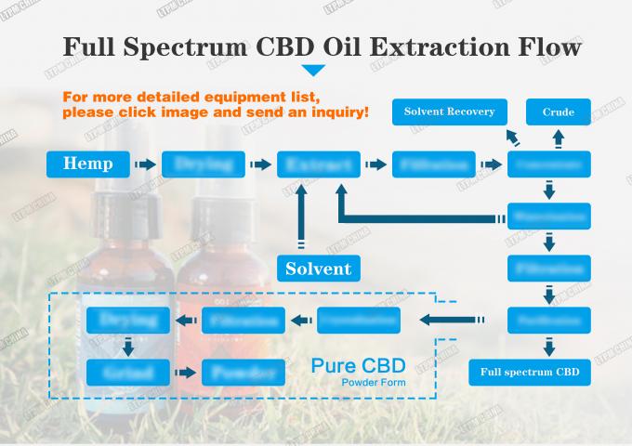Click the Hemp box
click(x=87, y=164)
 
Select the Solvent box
click(x=318, y=269)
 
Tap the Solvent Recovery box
click(x=449, y=112)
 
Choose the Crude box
click(x=558, y=112)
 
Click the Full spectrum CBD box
click(x=529, y=373)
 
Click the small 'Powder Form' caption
click(x=373, y=383)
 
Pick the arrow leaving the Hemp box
click(x=144, y=164)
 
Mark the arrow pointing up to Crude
click(x=558, y=138)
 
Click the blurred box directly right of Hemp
click(x=203, y=164)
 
